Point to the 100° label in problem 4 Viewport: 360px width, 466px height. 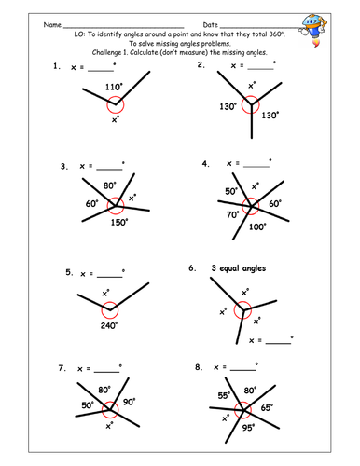(257, 225)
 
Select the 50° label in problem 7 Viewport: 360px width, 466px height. (88, 405)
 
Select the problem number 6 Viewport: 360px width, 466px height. (192, 268)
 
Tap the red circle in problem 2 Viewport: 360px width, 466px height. (250, 105)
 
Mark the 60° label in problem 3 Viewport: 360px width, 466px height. (91, 203)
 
